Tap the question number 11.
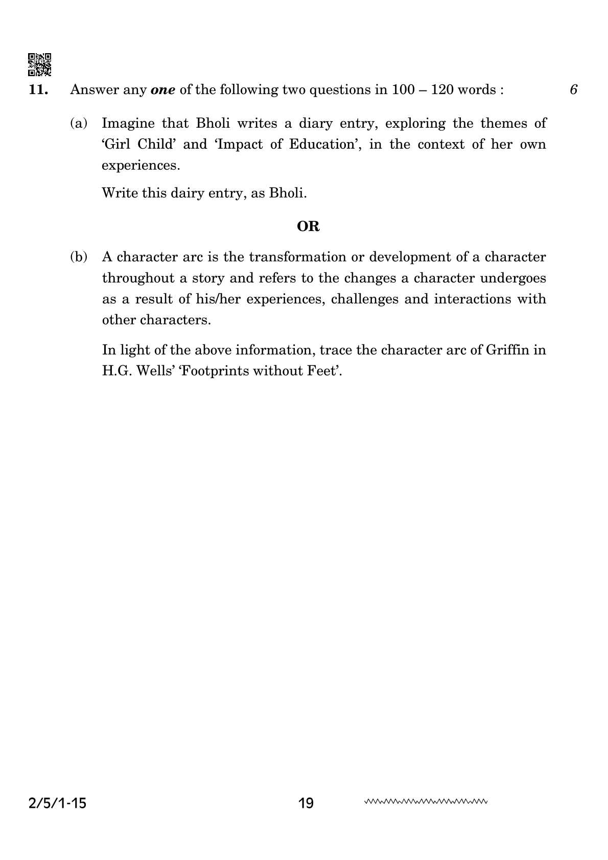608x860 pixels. pyautogui.click(x=39, y=90)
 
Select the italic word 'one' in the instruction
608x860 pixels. pyautogui.click(x=163, y=90)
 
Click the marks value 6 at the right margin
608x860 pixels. pyautogui.click(x=573, y=90)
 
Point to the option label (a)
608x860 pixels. pyautogui.click(x=79, y=123)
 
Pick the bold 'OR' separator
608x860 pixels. pyautogui.click(x=308, y=226)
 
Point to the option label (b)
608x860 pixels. pyautogui.click(x=79, y=257)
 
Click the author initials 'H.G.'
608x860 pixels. pyautogui.click(x=117, y=371)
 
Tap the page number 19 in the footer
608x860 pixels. pyautogui.click(x=306, y=804)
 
